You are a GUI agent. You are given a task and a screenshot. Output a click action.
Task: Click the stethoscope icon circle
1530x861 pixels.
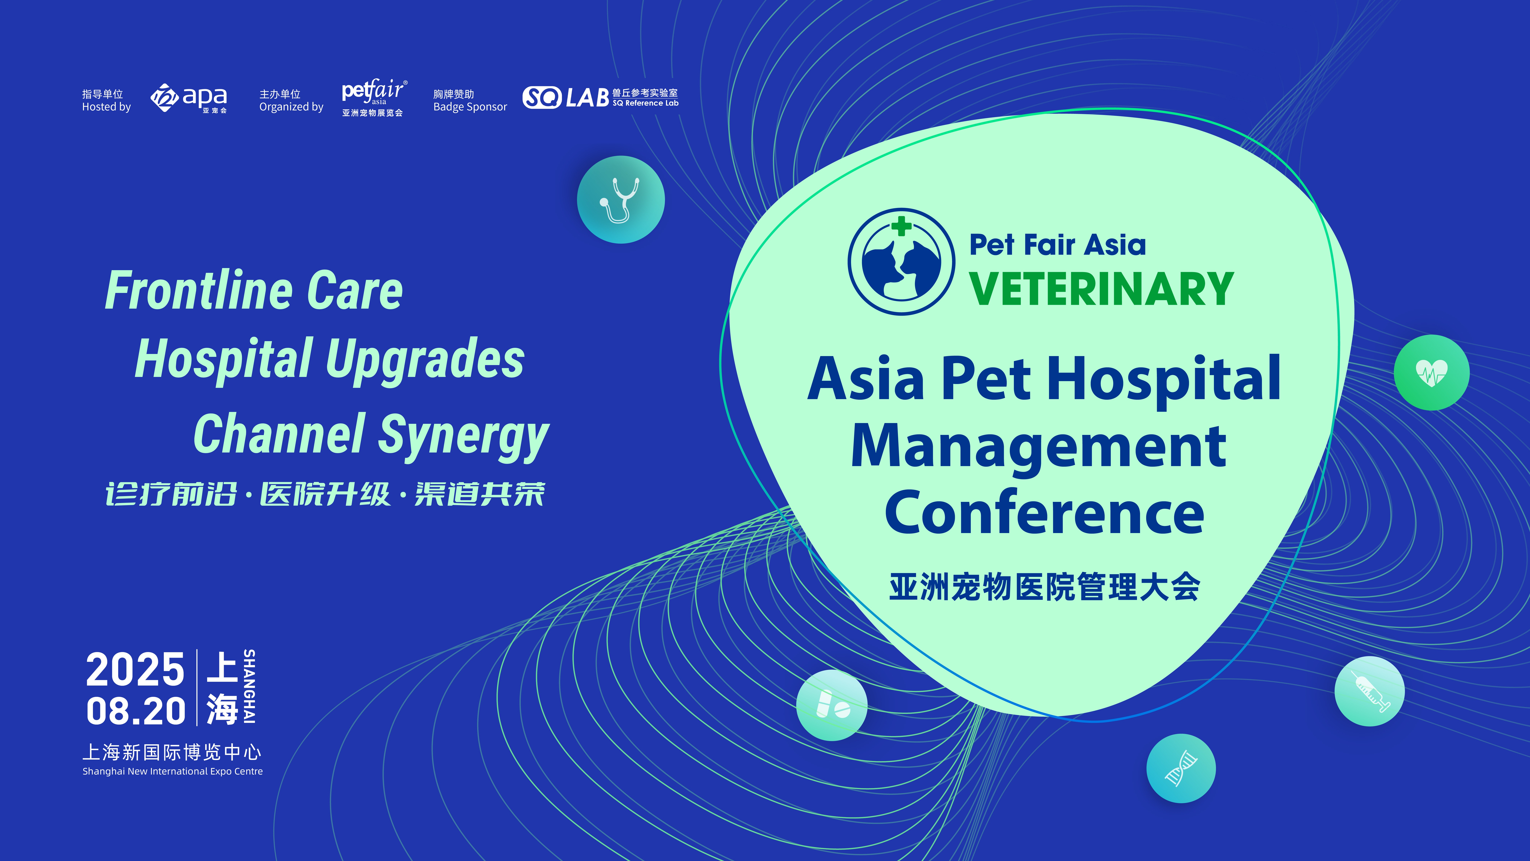tap(621, 200)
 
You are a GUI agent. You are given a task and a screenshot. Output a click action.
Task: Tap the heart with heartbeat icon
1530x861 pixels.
tap(1431, 373)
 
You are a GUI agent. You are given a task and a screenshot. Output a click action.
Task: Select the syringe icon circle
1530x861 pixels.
tap(1370, 691)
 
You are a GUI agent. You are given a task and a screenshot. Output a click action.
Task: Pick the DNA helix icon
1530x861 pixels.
tap(1181, 768)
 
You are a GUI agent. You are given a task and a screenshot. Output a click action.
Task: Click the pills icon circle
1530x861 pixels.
tap(832, 705)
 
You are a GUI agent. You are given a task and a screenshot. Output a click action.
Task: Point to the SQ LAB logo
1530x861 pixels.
tap(600, 97)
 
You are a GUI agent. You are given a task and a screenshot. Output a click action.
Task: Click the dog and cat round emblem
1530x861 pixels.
tap(901, 261)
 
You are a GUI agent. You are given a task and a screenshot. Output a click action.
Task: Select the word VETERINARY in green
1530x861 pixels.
tap(1102, 289)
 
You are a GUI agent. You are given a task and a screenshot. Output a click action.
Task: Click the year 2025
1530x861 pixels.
tap(135, 670)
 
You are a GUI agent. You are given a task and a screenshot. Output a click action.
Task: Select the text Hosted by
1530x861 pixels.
tap(106, 107)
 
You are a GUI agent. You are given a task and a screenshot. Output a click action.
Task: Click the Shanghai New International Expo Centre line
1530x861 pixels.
tap(172, 771)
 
